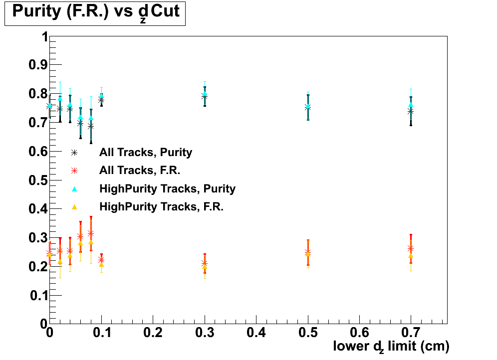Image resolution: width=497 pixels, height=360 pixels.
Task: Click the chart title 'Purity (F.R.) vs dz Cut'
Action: coord(95,12)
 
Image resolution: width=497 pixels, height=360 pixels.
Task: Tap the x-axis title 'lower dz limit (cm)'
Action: coord(391,346)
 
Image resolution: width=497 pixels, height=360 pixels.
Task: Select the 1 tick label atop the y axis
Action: coord(44,37)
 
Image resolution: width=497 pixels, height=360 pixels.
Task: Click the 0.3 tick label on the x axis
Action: coord(205,332)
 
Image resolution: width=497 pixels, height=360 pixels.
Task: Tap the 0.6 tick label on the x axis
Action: coord(359,332)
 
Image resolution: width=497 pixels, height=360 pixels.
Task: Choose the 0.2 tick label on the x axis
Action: coord(153,332)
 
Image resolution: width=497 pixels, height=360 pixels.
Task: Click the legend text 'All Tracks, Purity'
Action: coord(146,153)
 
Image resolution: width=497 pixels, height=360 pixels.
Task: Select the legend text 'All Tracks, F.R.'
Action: coord(140,171)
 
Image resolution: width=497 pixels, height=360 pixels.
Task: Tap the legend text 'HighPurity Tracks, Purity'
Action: coord(167,188)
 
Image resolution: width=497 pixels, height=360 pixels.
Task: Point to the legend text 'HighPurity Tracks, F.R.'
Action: coord(161,206)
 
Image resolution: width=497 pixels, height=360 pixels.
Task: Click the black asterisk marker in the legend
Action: coord(74,153)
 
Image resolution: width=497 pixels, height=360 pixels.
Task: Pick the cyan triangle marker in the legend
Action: coord(74,188)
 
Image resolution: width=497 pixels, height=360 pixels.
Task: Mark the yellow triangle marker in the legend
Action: coord(74,206)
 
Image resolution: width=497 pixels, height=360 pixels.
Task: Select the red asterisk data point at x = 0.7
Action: coord(411,248)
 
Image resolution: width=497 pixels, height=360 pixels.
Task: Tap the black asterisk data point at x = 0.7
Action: coord(410,112)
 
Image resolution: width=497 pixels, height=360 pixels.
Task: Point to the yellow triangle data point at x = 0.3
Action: coord(205,267)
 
